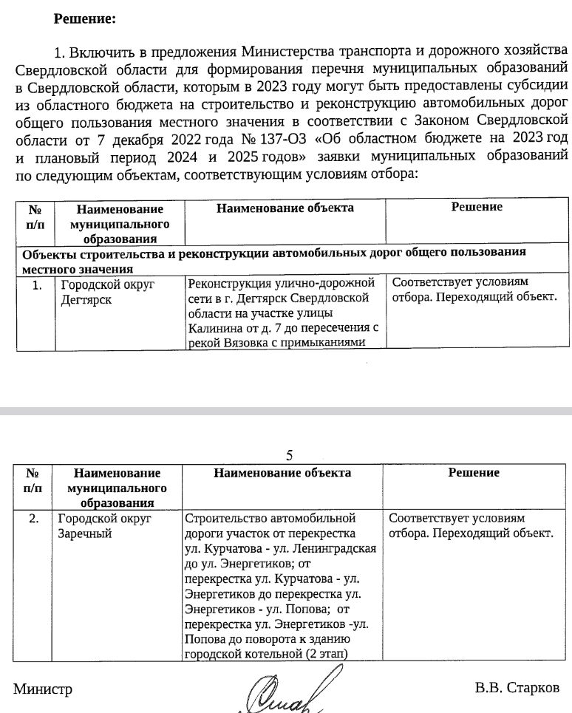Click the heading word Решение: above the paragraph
(x=85, y=19)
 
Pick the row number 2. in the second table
(x=33, y=519)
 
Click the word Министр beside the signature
(x=43, y=689)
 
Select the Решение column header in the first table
(x=477, y=208)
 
